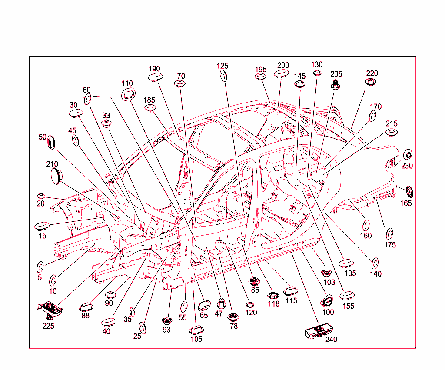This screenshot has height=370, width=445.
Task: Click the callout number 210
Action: coord(52,164)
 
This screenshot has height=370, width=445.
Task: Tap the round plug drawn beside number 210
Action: coord(56,176)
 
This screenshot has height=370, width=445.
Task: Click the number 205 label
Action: coord(336,74)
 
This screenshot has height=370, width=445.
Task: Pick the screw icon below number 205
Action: coord(335,84)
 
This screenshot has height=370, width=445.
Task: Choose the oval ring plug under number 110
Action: coord(128,94)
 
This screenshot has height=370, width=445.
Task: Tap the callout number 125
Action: coord(222,66)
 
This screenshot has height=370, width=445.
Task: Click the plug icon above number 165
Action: coord(409,192)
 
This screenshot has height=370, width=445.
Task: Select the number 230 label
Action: coord(407,166)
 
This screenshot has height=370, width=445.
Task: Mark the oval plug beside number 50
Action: coord(51,143)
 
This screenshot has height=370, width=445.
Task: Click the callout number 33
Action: coord(106,116)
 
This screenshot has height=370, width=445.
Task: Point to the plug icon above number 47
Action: coord(221,303)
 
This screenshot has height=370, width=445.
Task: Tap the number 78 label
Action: coord(233,326)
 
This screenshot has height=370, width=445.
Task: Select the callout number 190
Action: coord(154,69)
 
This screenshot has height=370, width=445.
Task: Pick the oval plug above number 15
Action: coord(42,227)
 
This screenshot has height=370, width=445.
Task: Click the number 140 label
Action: coord(375,274)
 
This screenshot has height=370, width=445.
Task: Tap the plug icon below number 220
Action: coord(371,82)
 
